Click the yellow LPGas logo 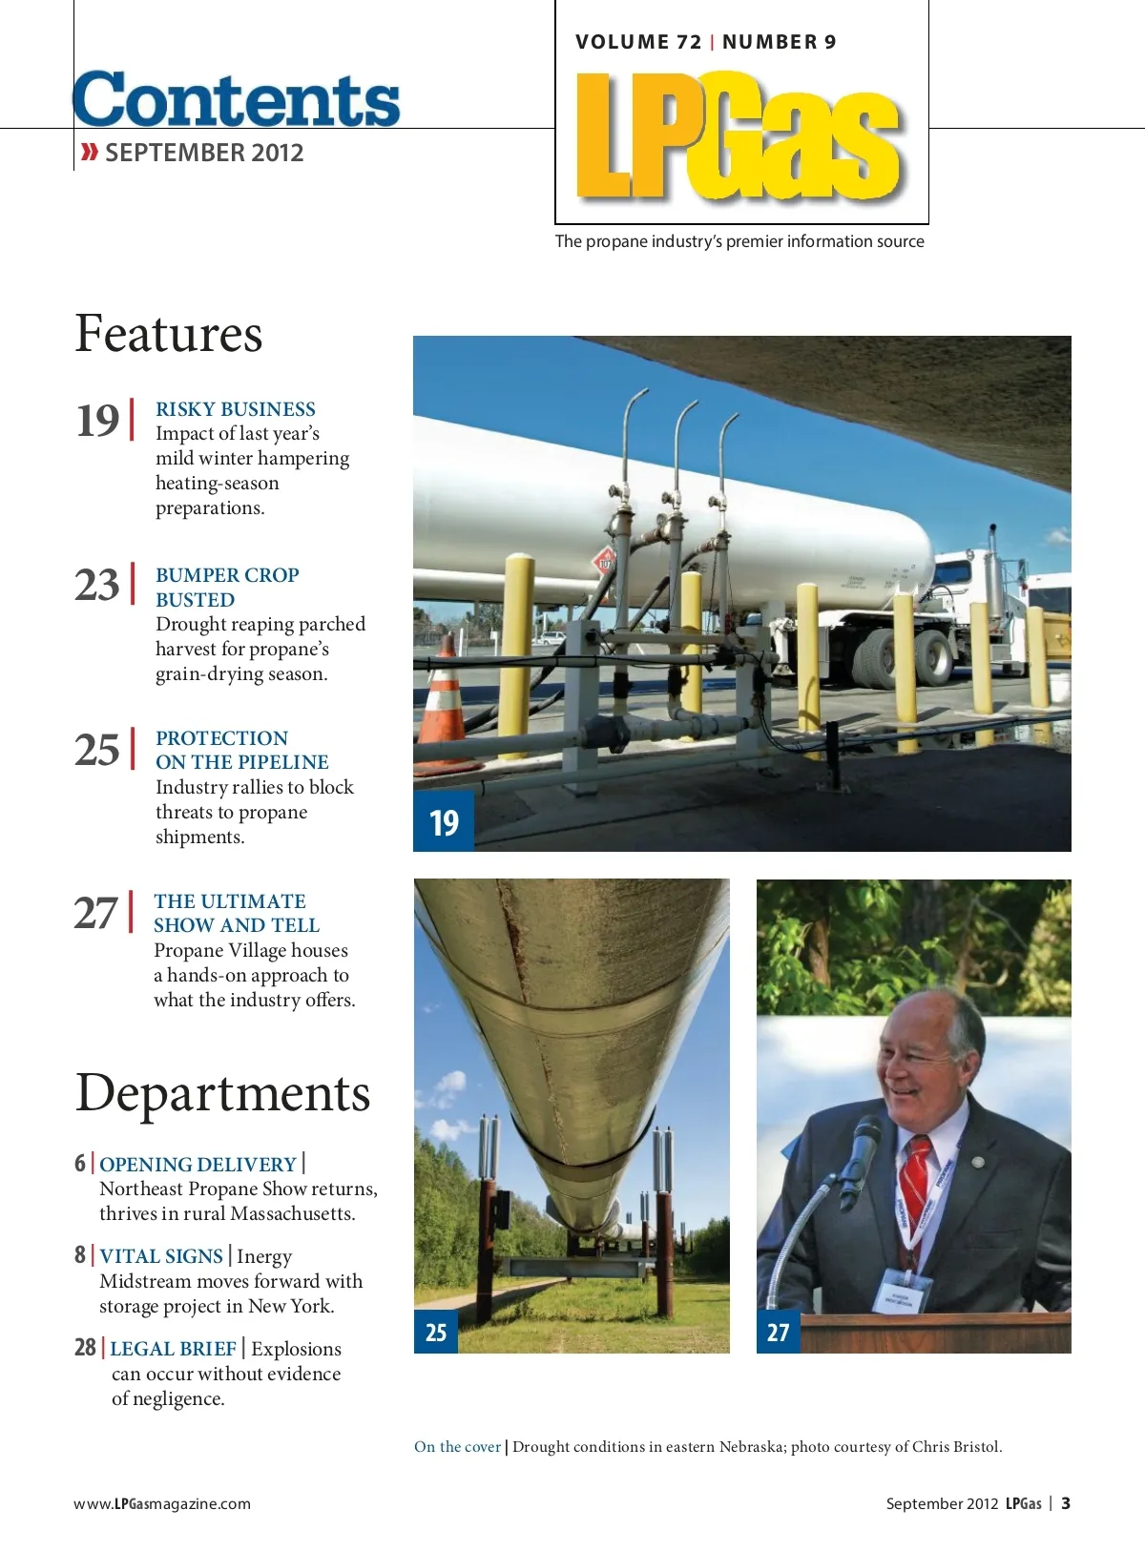[739, 136]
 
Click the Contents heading [237, 100]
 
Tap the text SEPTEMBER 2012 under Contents [203, 153]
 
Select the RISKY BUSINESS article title [236, 409]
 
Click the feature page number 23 [97, 585]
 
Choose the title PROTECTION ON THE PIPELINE [241, 750]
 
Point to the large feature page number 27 [96, 913]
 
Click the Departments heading [222, 1093]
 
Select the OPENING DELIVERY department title [198, 1164]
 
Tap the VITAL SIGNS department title [161, 1256]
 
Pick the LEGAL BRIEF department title [173, 1349]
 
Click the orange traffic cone [444, 703]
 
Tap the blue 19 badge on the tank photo [444, 822]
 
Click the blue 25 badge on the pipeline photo [436, 1333]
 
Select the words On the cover [457, 1447]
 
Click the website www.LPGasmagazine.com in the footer [162, 1503]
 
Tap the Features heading [169, 334]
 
